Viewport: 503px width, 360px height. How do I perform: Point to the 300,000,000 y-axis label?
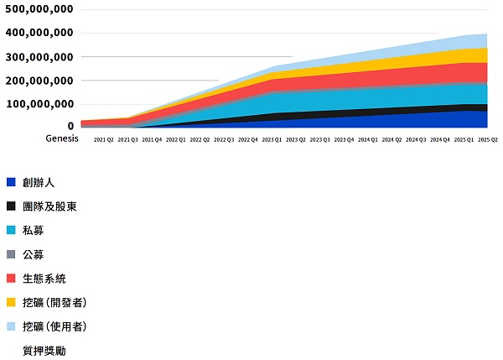tap(39, 56)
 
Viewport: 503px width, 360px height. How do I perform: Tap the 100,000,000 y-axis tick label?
tap(39, 104)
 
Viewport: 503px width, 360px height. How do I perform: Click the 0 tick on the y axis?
tap(70, 126)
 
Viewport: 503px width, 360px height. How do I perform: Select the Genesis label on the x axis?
tap(61, 139)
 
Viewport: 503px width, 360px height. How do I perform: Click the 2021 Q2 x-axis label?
tap(104, 140)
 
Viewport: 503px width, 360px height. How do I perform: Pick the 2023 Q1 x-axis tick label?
tap(272, 140)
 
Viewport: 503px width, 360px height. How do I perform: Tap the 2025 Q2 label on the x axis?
tap(488, 140)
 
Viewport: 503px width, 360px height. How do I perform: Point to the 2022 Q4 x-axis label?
tap(248, 140)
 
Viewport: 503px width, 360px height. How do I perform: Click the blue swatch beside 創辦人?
tap(11, 182)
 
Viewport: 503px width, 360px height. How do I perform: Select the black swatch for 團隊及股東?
tap(11, 206)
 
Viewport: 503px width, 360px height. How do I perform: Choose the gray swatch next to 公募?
tap(11, 254)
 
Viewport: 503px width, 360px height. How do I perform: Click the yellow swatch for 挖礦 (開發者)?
tap(11, 302)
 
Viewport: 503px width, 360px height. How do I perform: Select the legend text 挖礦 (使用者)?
tap(54, 326)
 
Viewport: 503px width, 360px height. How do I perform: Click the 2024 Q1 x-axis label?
tap(368, 140)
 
